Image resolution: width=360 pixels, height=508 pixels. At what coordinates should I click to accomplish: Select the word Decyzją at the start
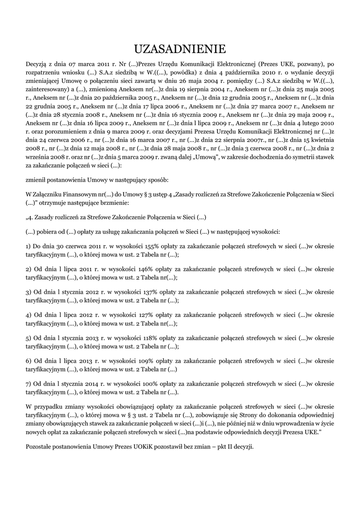click(x=37, y=63)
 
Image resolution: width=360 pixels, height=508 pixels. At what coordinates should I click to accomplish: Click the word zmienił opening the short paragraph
click(x=37, y=180)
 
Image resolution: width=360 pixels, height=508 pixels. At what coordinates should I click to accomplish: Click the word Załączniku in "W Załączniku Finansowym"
click(x=51, y=194)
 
